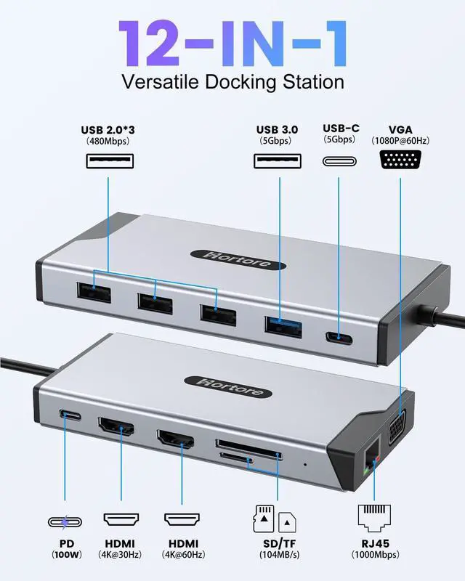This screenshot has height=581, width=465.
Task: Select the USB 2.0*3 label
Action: tap(108, 131)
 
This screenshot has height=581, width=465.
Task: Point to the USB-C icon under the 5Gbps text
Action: tap(339, 161)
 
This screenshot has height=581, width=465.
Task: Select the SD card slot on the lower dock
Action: tap(247, 444)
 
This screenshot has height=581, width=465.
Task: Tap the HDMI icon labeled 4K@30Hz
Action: tap(121, 520)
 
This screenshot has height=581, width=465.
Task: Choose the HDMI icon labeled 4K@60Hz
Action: tap(182, 520)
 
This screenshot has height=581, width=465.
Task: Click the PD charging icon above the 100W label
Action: tap(68, 521)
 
